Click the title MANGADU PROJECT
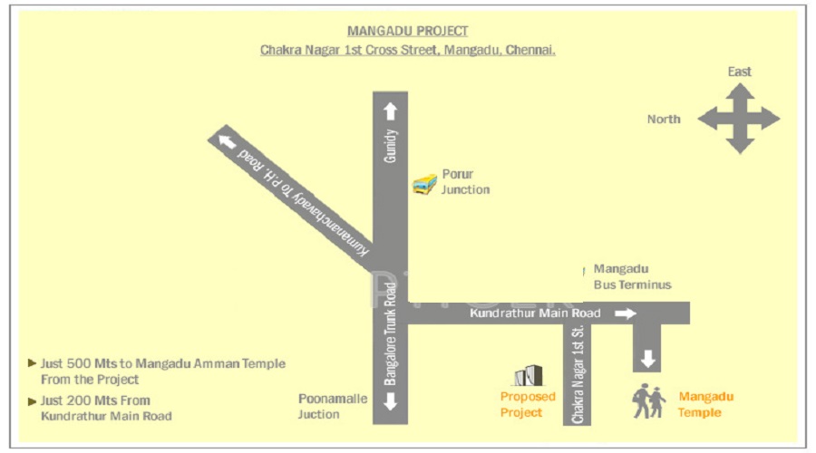(407, 31)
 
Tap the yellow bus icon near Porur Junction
(424, 185)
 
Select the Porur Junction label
(465, 181)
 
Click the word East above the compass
(739, 72)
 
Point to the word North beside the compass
(664, 119)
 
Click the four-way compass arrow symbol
(739, 119)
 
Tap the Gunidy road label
(390, 146)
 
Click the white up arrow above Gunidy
(390, 111)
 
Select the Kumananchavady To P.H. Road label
(304, 202)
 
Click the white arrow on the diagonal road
(227, 141)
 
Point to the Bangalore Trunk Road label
(390, 334)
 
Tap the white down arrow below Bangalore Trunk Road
(390, 401)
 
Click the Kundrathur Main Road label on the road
(535, 313)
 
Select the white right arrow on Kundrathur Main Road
(626, 313)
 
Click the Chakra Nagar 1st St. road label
(578, 374)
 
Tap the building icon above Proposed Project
(529, 375)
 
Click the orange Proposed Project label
(528, 405)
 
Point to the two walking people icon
(649, 401)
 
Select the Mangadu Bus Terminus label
(632, 276)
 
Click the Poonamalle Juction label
(333, 406)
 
